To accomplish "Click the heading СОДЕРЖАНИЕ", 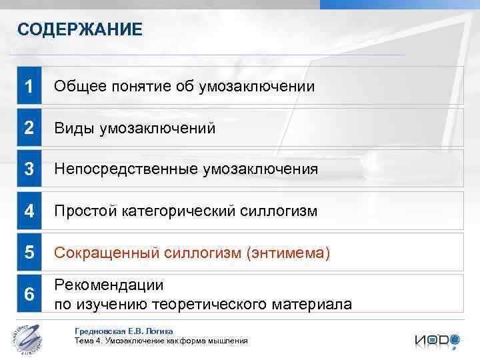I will (79, 29).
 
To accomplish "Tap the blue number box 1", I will (29, 86).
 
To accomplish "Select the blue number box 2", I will (29, 127).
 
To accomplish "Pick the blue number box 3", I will (29, 169).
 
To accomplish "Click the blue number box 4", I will (29, 211).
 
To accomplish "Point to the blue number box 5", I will (29, 253).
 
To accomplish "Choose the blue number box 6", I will (29, 294).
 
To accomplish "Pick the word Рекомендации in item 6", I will (109, 285).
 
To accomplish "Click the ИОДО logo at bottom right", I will (437, 340).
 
